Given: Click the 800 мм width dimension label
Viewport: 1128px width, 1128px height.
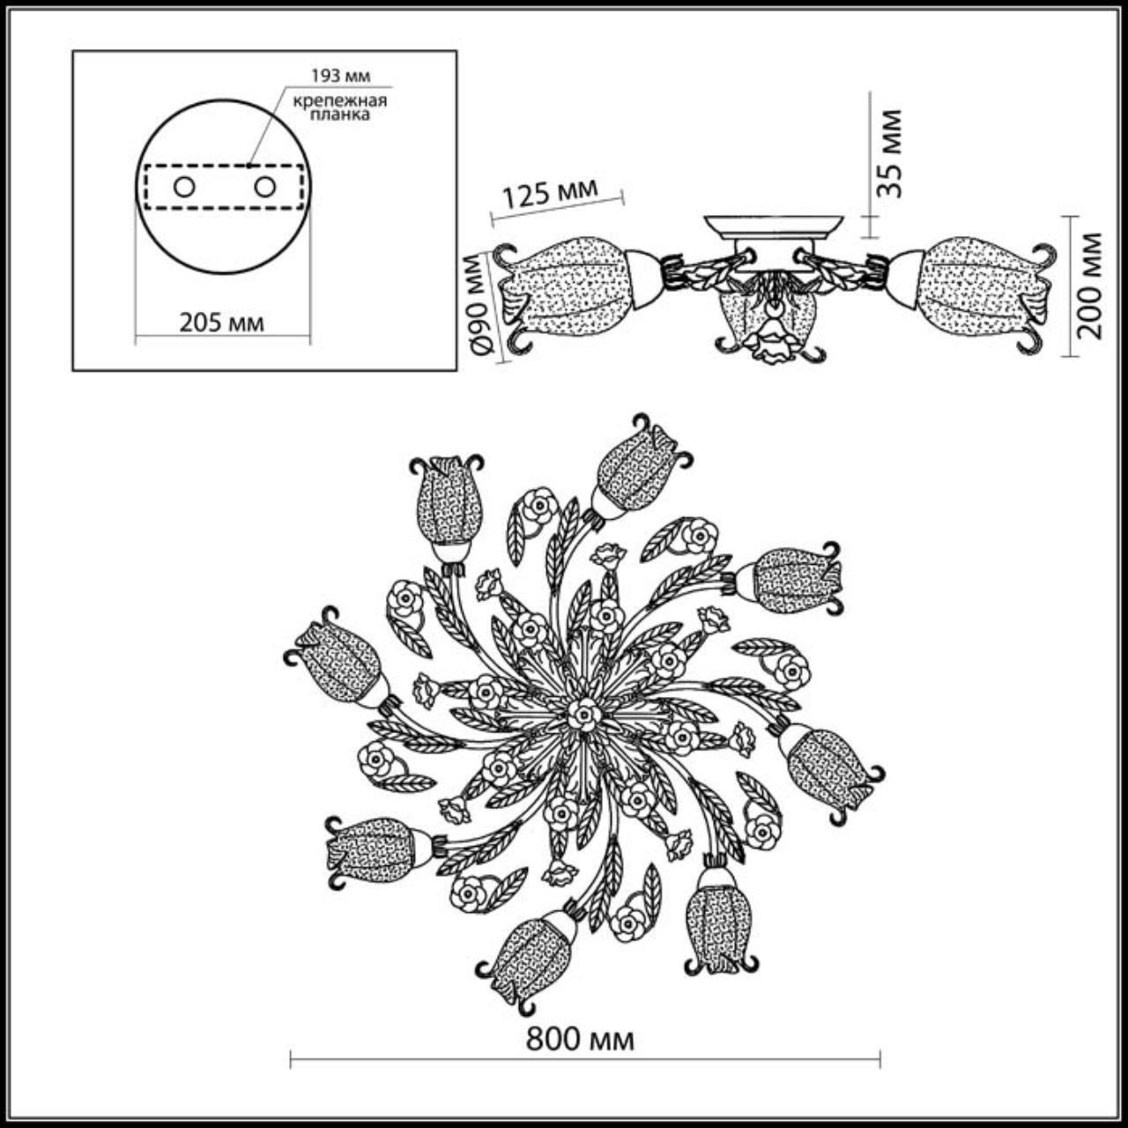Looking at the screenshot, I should pos(579,1040).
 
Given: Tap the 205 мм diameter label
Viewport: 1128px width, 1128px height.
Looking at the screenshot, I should pos(221,323).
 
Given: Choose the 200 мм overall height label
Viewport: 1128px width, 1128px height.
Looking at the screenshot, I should pos(1090,286).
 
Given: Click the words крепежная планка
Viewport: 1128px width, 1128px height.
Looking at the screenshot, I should pos(340,108).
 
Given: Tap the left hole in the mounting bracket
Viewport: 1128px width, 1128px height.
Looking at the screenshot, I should pos(184,187).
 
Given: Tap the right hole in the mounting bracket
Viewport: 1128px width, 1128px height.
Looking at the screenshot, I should pos(264,187).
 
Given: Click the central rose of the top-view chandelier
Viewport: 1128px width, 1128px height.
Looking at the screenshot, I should pos(583,714).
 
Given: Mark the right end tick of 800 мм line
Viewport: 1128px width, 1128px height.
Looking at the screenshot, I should pos(880,1058).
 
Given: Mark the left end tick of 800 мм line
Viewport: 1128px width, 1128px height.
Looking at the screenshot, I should pos(292,1058).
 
